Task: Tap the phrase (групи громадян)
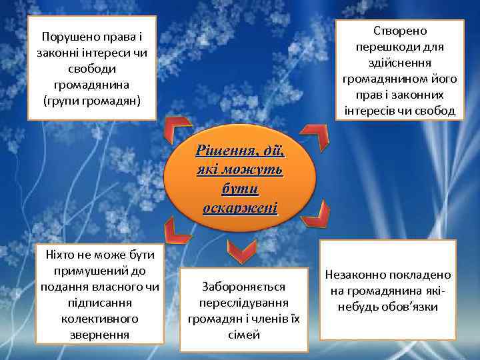(91, 101)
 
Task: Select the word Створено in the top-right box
(401, 32)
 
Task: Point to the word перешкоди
(400, 47)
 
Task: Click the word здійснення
(400, 63)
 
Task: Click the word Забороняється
(243, 287)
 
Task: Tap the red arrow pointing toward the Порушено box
(176, 128)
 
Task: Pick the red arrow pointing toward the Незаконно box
(321, 213)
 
